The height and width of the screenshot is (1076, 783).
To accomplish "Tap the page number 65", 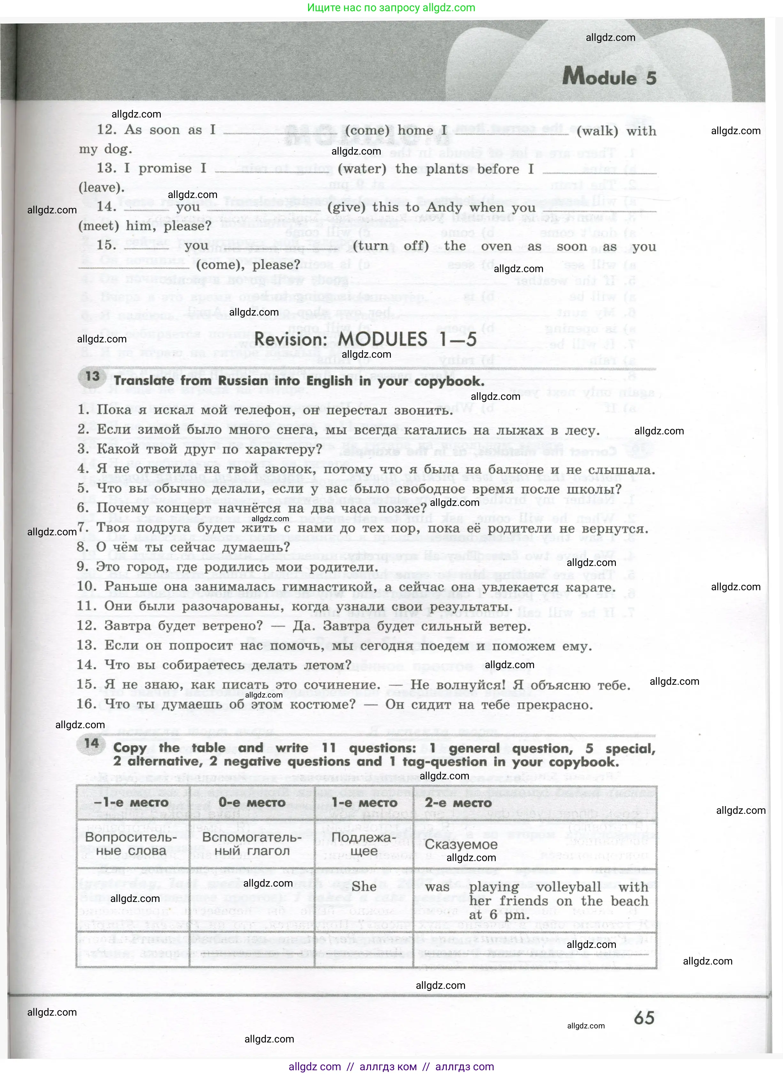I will pyautogui.click(x=644, y=1018).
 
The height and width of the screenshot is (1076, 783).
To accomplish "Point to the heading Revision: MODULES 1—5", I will pyautogui.click(x=365, y=339).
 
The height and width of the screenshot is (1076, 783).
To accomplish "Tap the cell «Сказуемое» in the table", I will pyautogui.click(x=461, y=844).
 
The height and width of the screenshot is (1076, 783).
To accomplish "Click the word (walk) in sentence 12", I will pyautogui.click(x=597, y=131).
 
